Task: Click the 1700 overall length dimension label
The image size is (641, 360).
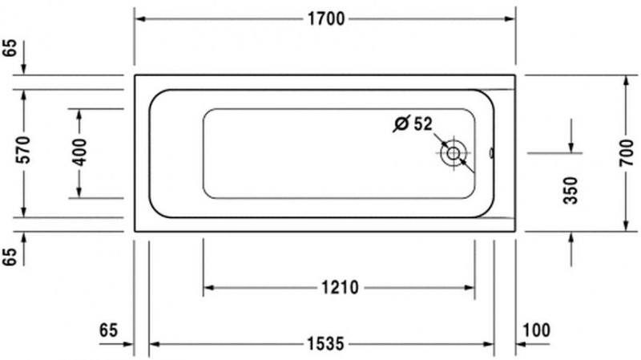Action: [324, 19]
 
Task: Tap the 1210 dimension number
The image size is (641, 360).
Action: [338, 287]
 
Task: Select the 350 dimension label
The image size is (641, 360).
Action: [570, 189]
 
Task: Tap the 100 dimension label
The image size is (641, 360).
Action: [538, 330]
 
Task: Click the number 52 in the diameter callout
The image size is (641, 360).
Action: [423, 123]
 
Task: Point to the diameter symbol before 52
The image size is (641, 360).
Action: [401, 123]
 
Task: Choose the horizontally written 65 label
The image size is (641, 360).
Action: [109, 330]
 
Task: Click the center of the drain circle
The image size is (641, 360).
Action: [454, 152]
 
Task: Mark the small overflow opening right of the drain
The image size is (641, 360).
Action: [491, 152]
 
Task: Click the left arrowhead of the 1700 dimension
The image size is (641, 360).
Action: [138, 19]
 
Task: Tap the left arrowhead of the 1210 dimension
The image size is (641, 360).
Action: [208, 287]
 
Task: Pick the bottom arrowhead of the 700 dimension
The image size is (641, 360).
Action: [626, 225]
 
